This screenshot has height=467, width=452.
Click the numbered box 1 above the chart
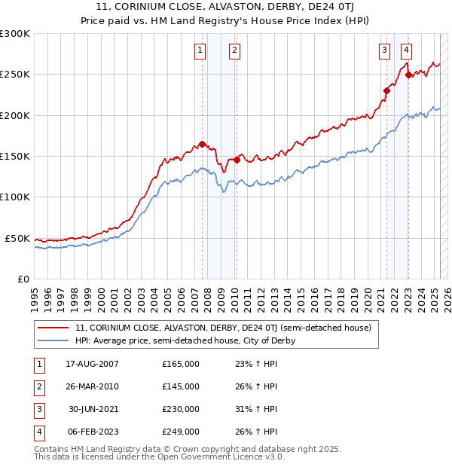[x=200, y=50]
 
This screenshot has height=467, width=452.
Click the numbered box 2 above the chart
[x=235, y=50]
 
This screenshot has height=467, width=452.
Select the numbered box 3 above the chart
[x=384, y=50]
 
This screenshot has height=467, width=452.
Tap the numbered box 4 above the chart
[x=406, y=50]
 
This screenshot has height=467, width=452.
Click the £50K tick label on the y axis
[x=17, y=238]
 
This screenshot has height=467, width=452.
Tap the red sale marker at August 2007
[x=202, y=144]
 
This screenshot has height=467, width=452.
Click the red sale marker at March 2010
[x=237, y=160]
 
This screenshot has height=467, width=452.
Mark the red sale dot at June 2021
[x=386, y=90]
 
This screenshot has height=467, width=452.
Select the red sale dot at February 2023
[x=408, y=75]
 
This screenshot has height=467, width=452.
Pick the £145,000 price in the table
[x=181, y=386]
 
